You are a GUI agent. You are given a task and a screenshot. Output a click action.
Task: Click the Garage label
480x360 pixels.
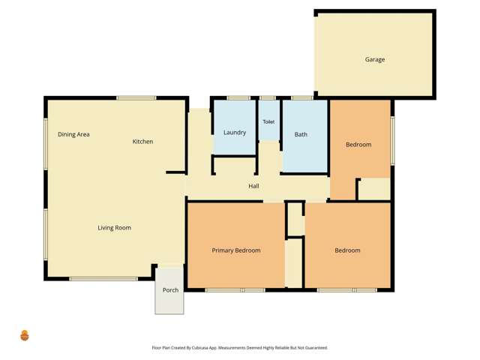[x=375, y=60]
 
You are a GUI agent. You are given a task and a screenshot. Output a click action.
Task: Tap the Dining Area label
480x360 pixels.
[x=73, y=134]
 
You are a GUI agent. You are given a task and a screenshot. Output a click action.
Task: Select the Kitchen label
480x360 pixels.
[x=142, y=142]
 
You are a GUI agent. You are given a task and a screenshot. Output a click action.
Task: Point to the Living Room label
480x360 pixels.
[x=114, y=228]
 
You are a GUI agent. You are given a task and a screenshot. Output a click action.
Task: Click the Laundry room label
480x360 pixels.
[x=235, y=133]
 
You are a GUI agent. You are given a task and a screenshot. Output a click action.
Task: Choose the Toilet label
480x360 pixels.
[x=268, y=121]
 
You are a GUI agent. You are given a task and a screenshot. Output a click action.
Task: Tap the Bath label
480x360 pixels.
[x=301, y=135]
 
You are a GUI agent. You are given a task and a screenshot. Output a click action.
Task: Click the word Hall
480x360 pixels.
[x=253, y=186]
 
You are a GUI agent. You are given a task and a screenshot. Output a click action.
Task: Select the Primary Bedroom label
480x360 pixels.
[x=236, y=250]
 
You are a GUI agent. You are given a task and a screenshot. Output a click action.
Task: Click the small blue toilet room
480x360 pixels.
[x=268, y=129]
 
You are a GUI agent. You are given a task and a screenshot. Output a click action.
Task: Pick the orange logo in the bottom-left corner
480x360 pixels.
[x=25, y=335]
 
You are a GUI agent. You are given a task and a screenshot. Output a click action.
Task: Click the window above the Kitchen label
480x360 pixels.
[x=136, y=97]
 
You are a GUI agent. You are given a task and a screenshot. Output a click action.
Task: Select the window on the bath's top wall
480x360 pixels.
[x=301, y=98]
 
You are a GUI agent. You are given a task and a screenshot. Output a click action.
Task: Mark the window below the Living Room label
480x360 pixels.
[x=103, y=279]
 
